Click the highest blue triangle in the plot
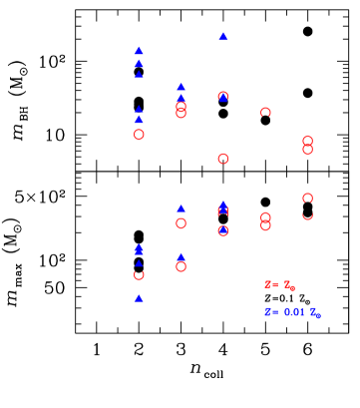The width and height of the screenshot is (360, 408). coord(223,37)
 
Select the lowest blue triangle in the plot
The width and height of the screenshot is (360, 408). coord(139,298)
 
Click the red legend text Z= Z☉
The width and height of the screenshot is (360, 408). coord(279,285)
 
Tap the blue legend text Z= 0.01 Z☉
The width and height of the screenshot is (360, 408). coord(292,312)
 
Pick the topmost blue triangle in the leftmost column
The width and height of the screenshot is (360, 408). coord(139,51)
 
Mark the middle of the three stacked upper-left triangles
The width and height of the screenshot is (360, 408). coord(139,64)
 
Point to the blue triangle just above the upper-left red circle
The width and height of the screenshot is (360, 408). coord(139,120)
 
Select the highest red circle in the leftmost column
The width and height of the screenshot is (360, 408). coord(139,134)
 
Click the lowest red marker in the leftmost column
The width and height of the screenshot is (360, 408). coord(139,274)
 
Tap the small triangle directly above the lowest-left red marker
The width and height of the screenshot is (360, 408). coord(139,264)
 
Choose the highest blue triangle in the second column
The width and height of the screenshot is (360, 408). coord(180,87)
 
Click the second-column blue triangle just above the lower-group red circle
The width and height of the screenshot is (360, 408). coord(180,209)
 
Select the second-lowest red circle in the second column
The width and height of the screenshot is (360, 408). coord(180,223)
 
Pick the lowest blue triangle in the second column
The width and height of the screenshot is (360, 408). coord(180,256)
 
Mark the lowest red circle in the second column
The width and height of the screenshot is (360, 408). coord(180,266)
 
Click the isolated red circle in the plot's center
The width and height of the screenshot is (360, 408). coord(223,159)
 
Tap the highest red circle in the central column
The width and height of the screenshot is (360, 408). coord(223,97)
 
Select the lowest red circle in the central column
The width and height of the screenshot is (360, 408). coord(223,230)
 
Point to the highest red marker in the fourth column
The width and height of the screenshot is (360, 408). coord(265,113)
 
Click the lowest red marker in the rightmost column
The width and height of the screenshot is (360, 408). coord(307,215)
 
